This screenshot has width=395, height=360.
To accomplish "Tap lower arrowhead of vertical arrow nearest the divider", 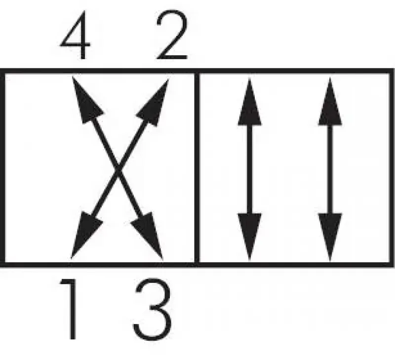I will (249, 235).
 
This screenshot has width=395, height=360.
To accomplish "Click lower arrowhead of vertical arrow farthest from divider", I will (330, 235).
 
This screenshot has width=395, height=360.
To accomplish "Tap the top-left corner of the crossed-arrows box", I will (2, 72).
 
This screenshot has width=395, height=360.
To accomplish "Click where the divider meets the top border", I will (197, 72).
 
